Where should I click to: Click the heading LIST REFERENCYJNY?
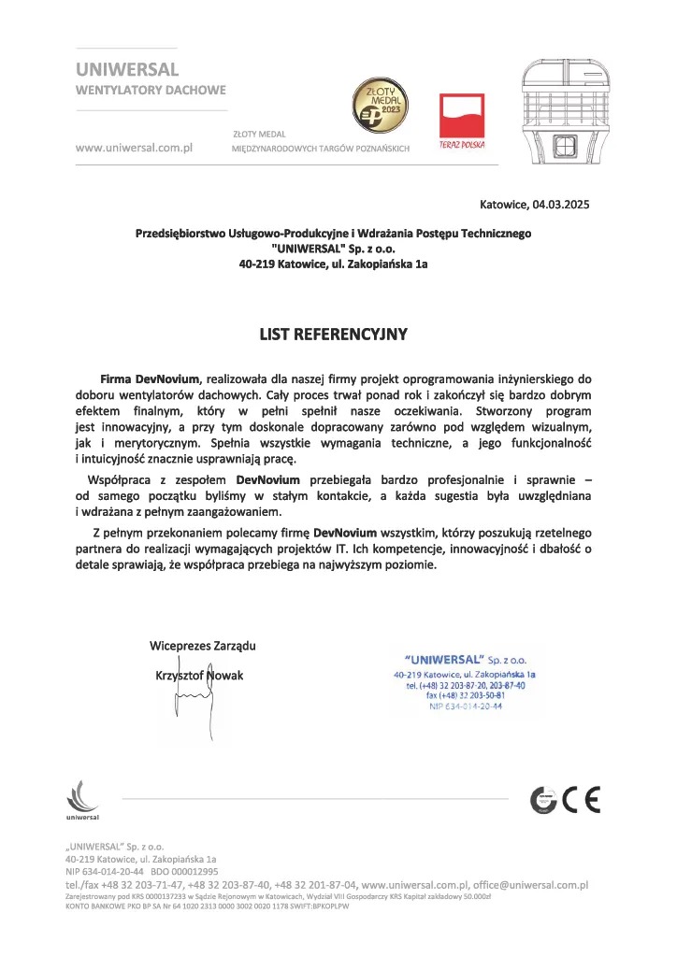[x=334, y=332]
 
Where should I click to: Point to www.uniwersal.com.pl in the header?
[x=134, y=148]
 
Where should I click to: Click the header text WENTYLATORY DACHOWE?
[x=150, y=91]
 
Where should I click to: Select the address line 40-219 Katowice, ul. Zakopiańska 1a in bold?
[x=334, y=264]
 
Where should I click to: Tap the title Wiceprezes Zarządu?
[x=203, y=646]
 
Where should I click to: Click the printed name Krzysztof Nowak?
[x=198, y=675]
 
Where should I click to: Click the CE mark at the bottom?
[x=581, y=800]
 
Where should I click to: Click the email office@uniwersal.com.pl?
[x=530, y=883]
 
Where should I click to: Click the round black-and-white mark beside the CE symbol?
[x=543, y=800]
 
